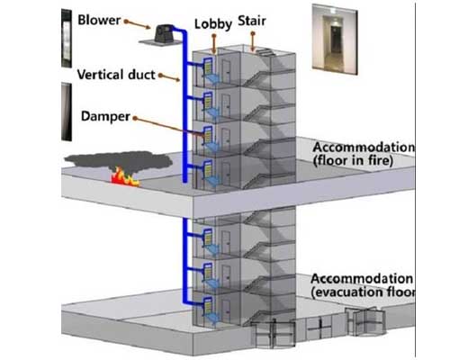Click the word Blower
[99, 20]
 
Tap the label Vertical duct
[116, 75]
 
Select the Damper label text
[105, 116]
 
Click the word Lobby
[213, 24]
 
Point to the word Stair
[252, 21]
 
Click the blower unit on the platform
[165, 33]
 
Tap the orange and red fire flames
[124, 177]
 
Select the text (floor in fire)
[353, 160]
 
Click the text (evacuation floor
[364, 292]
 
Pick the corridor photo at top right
[335, 39]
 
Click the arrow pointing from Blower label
[138, 24]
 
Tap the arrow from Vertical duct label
[169, 77]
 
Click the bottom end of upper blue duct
[184, 181]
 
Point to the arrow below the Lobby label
[213, 44]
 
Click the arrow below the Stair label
[253, 41]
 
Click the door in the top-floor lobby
[226, 71]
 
